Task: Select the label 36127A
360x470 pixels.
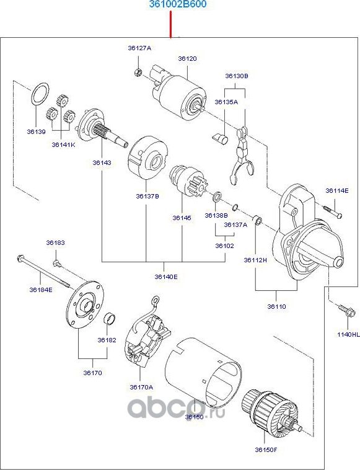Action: click(139, 48)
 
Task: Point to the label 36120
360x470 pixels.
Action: click(187, 58)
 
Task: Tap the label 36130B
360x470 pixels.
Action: click(236, 76)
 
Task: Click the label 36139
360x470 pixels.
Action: click(36, 131)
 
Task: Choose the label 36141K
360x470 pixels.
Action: click(63, 144)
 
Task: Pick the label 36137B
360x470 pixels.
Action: click(147, 196)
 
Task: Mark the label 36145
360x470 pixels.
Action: click(182, 218)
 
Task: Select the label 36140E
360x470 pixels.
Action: click(165, 277)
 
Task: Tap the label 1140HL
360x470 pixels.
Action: click(348, 334)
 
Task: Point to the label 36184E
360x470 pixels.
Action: click(41, 290)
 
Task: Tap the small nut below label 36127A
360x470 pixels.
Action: click(138, 73)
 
